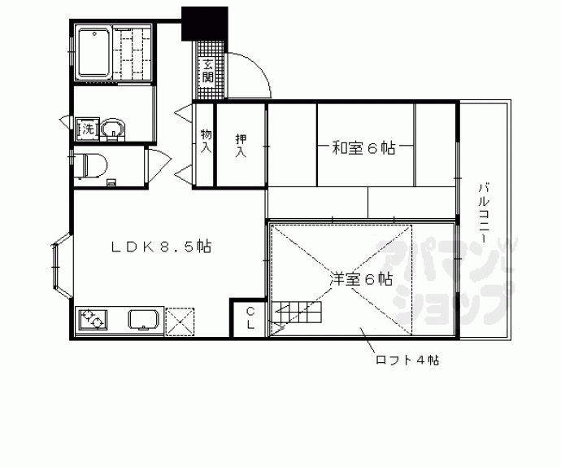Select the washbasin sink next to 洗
[112, 128]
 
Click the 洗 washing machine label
[85, 128]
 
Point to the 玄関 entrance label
[208, 72]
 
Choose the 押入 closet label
[241, 143]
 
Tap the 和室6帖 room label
[363, 148]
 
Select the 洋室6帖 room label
[362, 279]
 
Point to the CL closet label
[250, 318]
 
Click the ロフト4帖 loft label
[407, 359]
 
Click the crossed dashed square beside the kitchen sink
[180, 320]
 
